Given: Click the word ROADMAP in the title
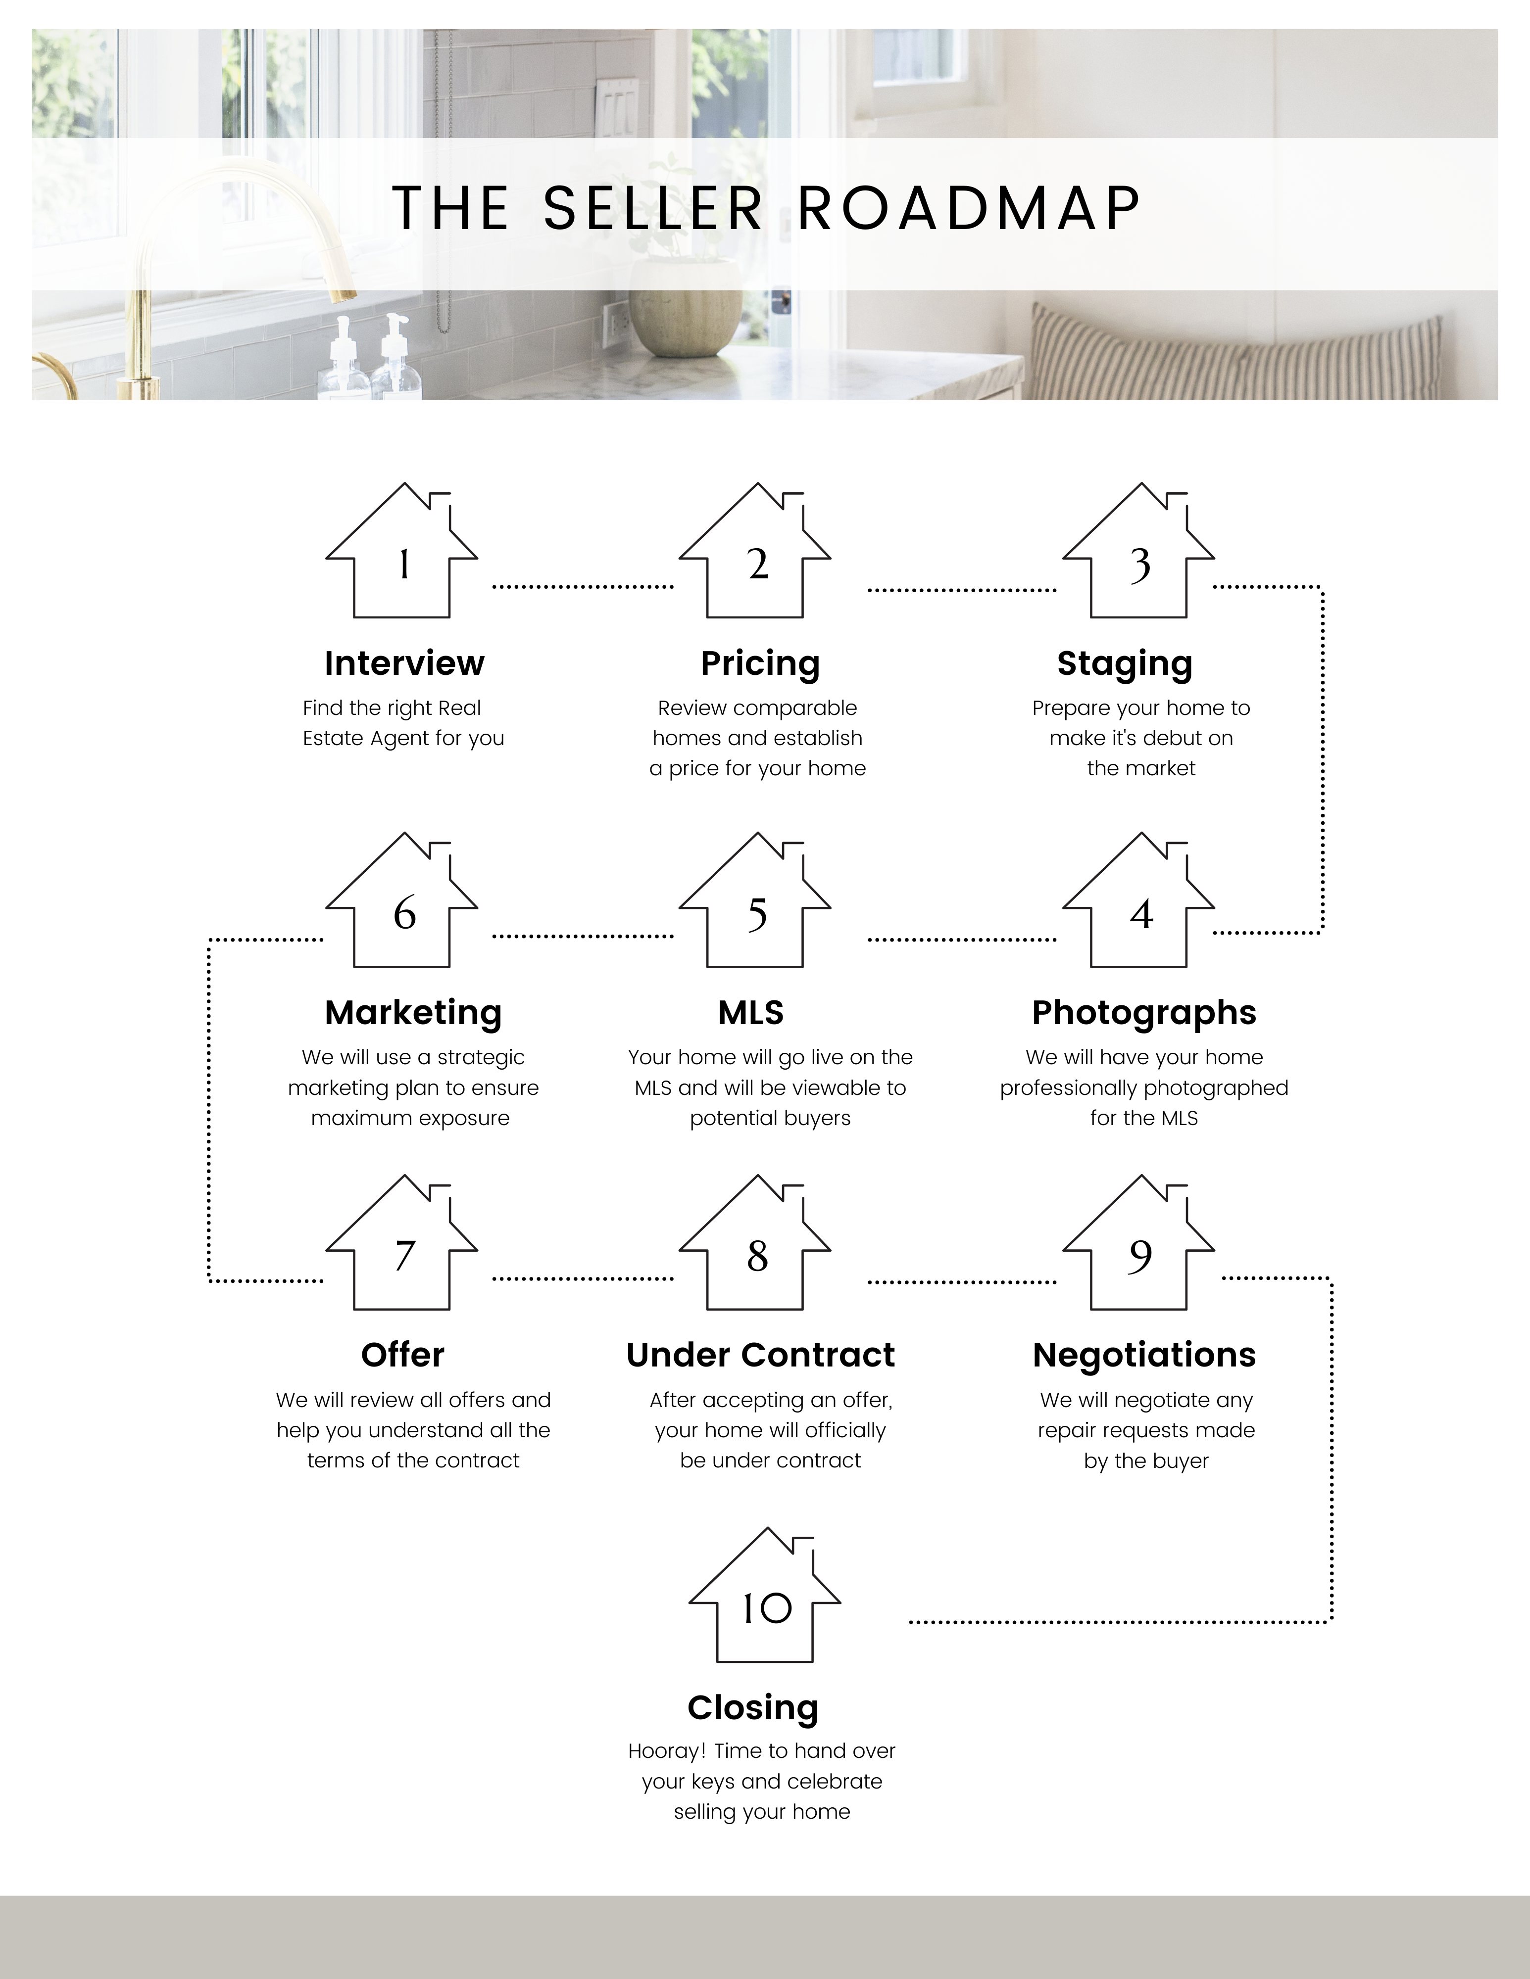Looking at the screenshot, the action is [969, 208].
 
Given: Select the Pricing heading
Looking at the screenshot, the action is [760, 664].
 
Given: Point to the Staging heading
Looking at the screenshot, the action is [1125, 664].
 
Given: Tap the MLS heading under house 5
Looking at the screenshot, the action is [750, 1012].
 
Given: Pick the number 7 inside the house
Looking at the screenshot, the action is [404, 1255].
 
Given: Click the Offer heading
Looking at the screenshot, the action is [402, 1355].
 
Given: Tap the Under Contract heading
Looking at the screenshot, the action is [760, 1355].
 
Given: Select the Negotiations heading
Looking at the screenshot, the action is [1144, 1355].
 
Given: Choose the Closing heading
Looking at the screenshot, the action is [753, 1708].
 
